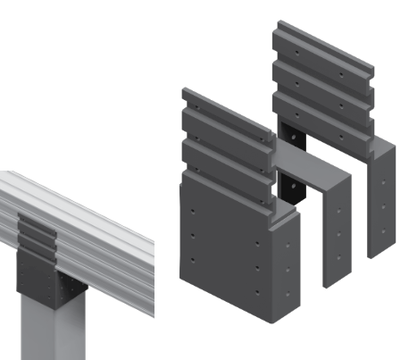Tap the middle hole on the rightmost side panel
tap(383, 206)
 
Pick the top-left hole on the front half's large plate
tap(193, 212)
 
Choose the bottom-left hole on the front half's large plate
tap(193, 261)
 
